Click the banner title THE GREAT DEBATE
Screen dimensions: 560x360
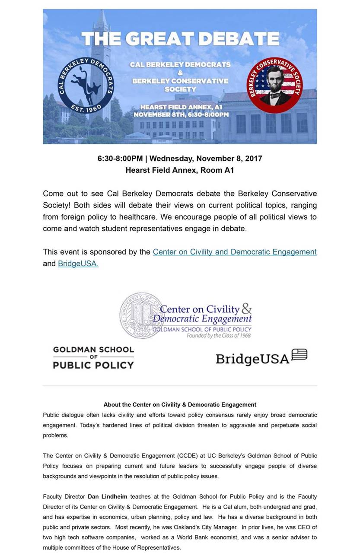(180, 39)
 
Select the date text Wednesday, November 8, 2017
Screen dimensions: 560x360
(206, 159)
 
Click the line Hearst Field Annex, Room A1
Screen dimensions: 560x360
(180, 170)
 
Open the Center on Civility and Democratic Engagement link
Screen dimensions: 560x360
(235, 252)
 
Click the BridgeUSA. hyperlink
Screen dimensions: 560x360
(78, 264)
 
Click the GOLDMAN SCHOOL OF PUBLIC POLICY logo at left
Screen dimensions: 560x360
(93, 357)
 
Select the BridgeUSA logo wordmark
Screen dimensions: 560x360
(252, 359)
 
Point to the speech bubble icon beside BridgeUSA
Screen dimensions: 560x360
(299, 354)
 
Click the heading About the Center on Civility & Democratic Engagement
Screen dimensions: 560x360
(180, 405)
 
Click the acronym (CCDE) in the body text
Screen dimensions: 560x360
(188, 456)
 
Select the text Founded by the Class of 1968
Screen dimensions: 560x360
(219, 335)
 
